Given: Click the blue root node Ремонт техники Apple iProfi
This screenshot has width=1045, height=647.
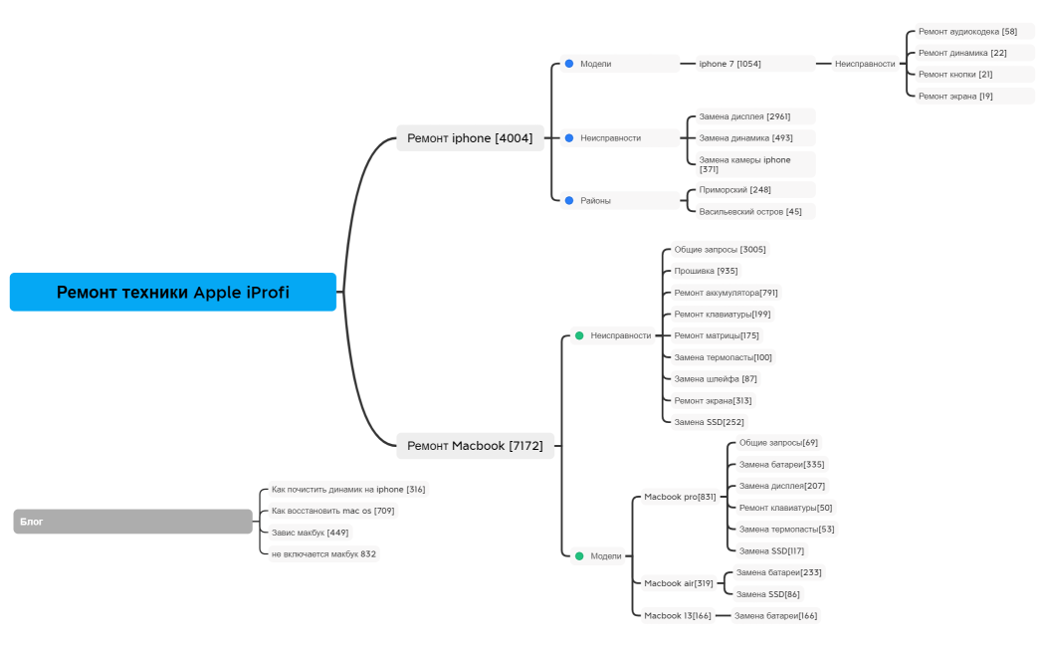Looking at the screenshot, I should point(173,293).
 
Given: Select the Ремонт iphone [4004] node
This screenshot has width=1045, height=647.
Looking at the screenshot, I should point(470,138).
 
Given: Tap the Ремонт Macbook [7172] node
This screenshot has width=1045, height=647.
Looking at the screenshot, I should point(475,446).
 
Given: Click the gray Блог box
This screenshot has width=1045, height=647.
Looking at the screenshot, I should point(133,521).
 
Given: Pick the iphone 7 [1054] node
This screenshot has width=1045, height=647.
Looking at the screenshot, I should point(730,64).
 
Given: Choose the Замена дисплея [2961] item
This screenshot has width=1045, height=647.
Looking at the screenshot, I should point(744,116).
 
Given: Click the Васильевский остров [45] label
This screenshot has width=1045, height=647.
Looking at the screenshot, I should point(749,211).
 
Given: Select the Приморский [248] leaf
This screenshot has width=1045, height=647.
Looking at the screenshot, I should point(734,190).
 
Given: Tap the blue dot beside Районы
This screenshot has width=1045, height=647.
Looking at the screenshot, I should point(569,200).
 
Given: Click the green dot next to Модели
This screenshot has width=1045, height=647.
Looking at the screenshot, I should point(579,556).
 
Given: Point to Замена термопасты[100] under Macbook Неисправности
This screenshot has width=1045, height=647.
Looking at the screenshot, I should point(723,357).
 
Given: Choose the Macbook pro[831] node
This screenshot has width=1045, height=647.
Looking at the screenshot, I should point(680,497).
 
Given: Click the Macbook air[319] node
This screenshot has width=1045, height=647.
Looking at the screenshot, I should point(678,583).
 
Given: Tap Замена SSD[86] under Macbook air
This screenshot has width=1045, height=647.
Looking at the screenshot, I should point(767,594).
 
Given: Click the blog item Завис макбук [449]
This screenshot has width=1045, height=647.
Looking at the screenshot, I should point(310,533).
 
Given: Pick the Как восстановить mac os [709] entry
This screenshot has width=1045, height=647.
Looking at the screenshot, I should point(332,511).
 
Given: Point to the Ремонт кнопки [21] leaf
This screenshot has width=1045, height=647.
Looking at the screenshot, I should point(954,75).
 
